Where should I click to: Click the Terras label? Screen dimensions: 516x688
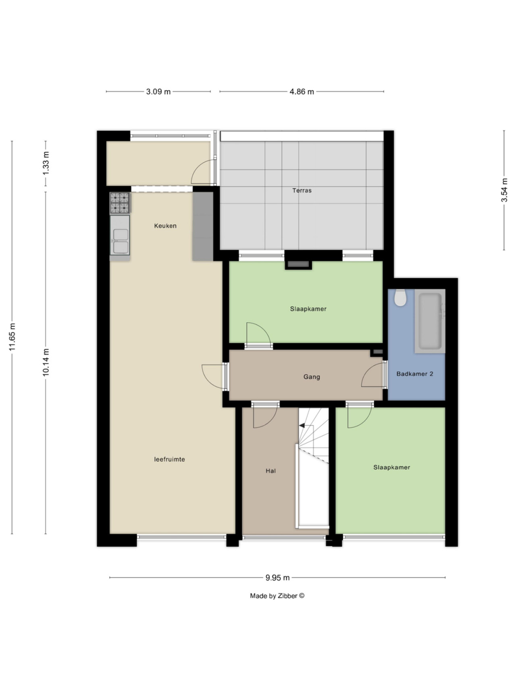[x=302, y=191]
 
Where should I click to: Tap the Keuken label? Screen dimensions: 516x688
[x=165, y=226]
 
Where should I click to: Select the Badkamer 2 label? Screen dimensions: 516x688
[x=415, y=374]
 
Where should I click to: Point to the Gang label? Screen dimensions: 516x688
[x=312, y=377]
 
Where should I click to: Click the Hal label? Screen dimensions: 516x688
[x=270, y=471]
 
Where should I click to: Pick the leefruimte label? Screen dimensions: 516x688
[x=169, y=459]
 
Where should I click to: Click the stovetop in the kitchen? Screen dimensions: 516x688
[x=120, y=203]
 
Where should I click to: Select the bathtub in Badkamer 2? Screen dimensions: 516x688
[x=431, y=321]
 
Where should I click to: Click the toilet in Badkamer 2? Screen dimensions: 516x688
[x=401, y=297]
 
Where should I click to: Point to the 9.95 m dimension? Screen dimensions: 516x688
[x=277, y=578]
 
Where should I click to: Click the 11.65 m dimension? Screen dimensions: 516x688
[x=12, y=337]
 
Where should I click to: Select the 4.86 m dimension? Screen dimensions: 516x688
[x=302, y=91]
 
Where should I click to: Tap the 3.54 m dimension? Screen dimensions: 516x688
[x=504, y=190]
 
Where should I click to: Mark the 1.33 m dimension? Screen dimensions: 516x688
[x=46, y=163]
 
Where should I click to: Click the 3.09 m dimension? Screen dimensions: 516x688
[x=158, y=91]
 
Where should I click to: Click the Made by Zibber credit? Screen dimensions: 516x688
[x=277, y=596]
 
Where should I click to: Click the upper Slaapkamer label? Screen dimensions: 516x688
[x=308, y=309]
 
